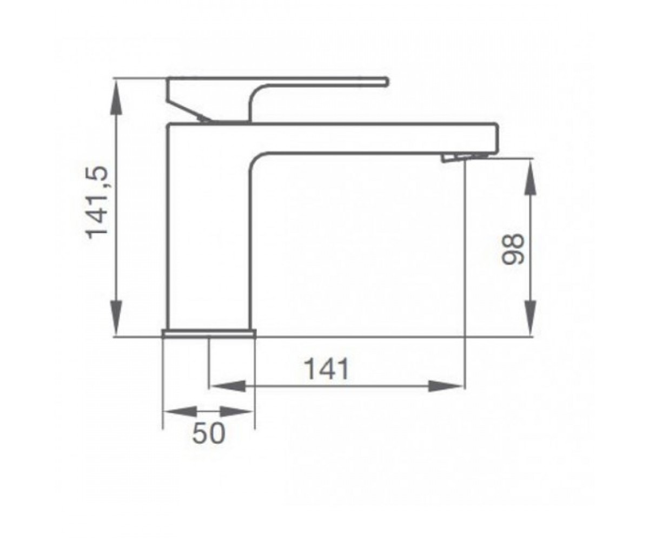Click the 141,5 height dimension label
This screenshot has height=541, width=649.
click(x=97, y=203)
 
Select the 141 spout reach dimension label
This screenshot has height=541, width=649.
click(x=327, y=369)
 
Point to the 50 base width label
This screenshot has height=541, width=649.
click(x=208, y=433)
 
